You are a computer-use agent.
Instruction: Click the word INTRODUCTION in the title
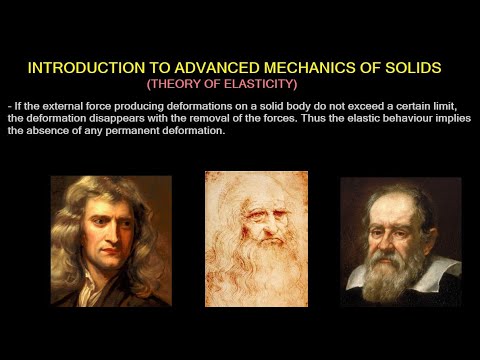click(x=76, y=68)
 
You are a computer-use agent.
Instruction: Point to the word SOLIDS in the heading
click(x=410, y=68)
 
